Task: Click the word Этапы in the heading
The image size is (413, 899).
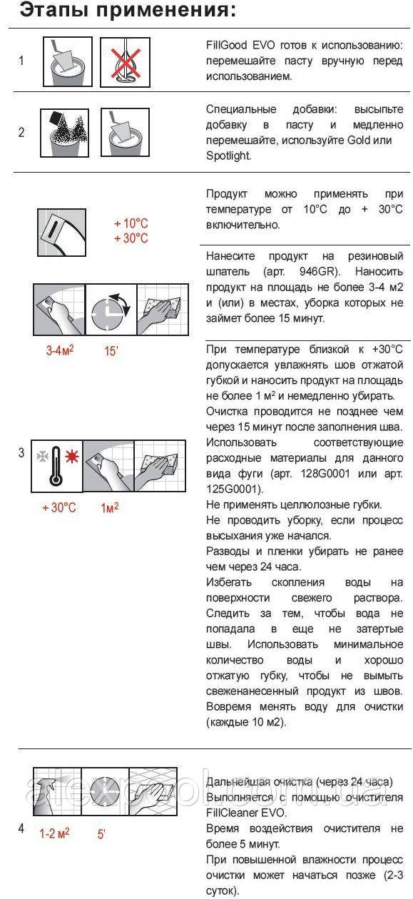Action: [x=53, y=10]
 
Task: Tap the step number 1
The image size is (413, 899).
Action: [x=21, y=61]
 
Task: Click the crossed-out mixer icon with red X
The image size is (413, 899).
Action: [x=125, y=62]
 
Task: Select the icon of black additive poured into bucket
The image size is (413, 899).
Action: [x=65, y=133]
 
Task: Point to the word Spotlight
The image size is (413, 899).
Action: [x=228, y=156]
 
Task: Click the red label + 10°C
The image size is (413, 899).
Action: [x=131, y=223]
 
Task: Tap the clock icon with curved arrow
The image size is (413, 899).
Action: [x=111, y=310]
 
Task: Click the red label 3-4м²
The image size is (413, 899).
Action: [x=60, y=350]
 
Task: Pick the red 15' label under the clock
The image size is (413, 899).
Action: [x=111, y=351]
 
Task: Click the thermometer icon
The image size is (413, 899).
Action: [x=56, y=466]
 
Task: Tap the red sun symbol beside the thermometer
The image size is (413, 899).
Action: [x=72, y=457]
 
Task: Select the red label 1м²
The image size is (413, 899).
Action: [x=110, y=508]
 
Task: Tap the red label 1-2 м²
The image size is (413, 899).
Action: [x=54, y=833]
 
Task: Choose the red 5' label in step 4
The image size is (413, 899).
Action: [x=101, y=834]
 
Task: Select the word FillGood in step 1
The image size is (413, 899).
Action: [x=226, y=45]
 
